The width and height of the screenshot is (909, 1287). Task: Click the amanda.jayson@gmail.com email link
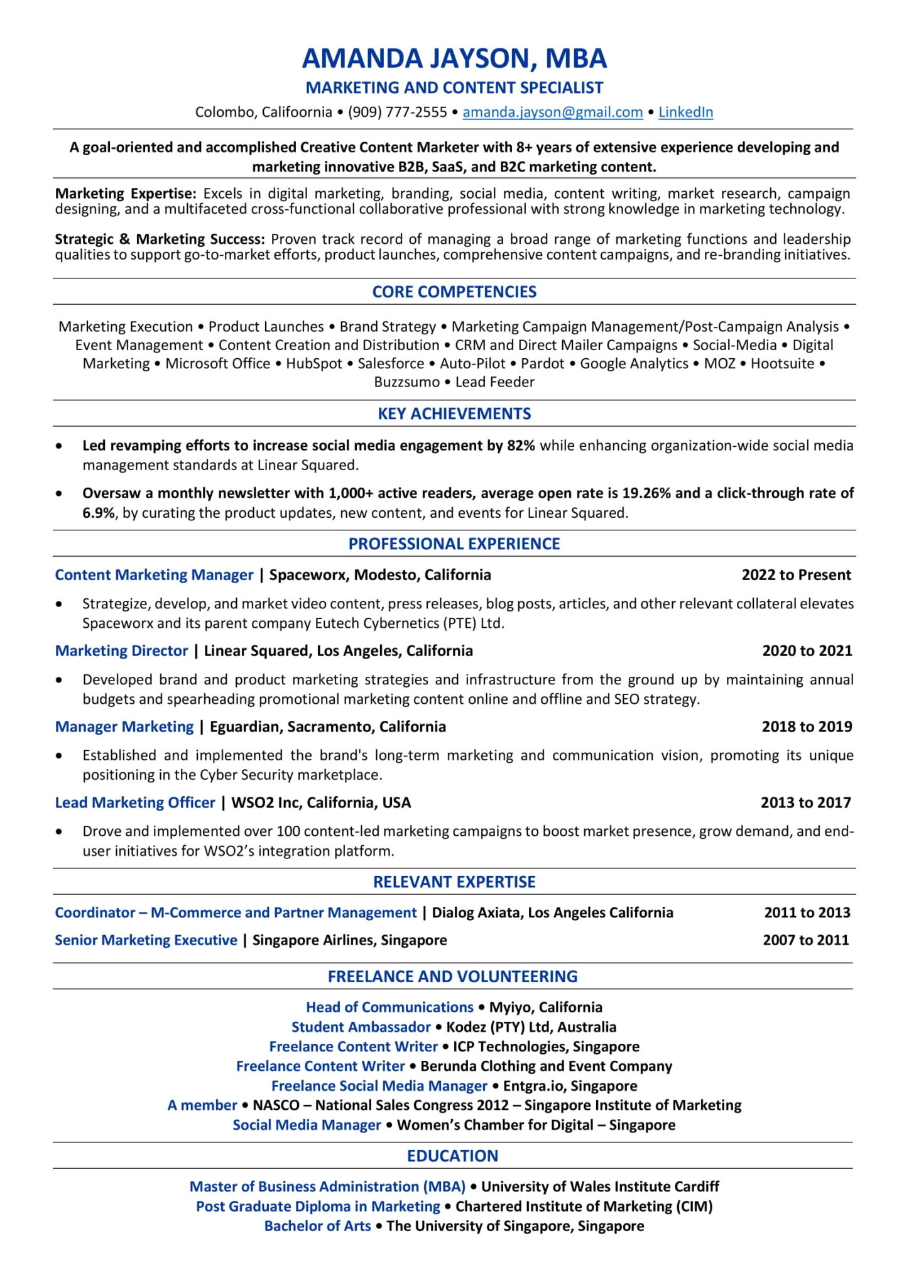coord(552,112)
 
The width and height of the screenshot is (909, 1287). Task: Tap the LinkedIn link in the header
coord(685,112)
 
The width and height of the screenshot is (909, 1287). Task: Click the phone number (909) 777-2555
coord(397,112)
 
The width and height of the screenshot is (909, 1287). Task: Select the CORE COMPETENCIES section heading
coord(454,292)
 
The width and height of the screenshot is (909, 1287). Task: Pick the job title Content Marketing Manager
coord(154,575)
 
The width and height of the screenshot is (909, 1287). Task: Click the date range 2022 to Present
coord(796,575)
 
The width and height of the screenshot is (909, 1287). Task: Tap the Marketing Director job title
coord(121,651)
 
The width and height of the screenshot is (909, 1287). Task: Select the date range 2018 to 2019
coord(807,727)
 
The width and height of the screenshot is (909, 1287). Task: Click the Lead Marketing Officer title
coord(135,803)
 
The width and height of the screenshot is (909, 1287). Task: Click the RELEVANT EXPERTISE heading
coord(454,882)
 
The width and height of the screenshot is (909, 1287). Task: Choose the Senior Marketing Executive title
coord(146,940)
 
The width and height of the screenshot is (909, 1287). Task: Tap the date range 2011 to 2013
coord(807,913)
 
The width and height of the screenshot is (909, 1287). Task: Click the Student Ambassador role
coord(361,1027)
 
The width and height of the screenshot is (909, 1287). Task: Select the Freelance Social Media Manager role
coord(379,1086)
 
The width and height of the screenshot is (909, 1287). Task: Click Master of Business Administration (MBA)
coord(327,1186)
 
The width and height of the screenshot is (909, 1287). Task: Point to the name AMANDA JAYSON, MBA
coord(454,58)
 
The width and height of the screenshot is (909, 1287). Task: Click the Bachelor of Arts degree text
coord(317,1226)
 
